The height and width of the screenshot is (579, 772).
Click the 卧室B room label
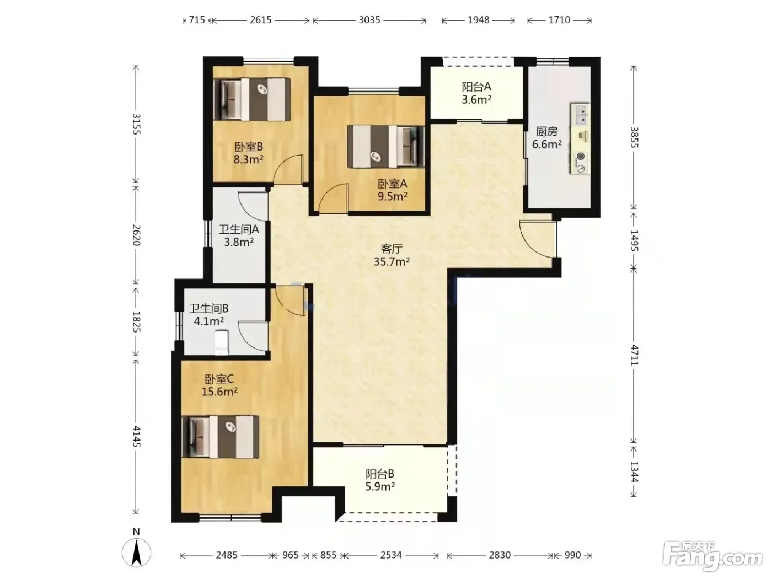click(249, 146)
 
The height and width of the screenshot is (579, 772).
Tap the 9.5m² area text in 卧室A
click(393, 196)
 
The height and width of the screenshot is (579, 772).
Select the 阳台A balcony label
click(476, 87)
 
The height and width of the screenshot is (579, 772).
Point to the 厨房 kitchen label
click(546, 131)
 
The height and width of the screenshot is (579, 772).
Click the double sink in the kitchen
click(580, 114)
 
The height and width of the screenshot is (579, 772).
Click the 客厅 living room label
click(392, 249)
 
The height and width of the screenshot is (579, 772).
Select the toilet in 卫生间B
click(222, 342)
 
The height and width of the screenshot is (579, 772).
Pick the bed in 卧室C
click(221, 437)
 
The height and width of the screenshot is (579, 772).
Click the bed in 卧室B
click(252, 100)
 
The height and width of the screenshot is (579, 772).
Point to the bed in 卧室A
click(386, 147)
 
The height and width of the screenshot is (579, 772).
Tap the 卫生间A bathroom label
click(239, 229)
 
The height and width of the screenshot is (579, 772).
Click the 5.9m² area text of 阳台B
click(380, 486)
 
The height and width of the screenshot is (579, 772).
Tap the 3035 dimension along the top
click(369, 20)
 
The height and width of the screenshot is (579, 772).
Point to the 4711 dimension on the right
click(634, 355)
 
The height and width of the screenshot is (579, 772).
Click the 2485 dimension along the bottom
click(227, 555)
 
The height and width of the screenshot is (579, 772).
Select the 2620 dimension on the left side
click(136, 235)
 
